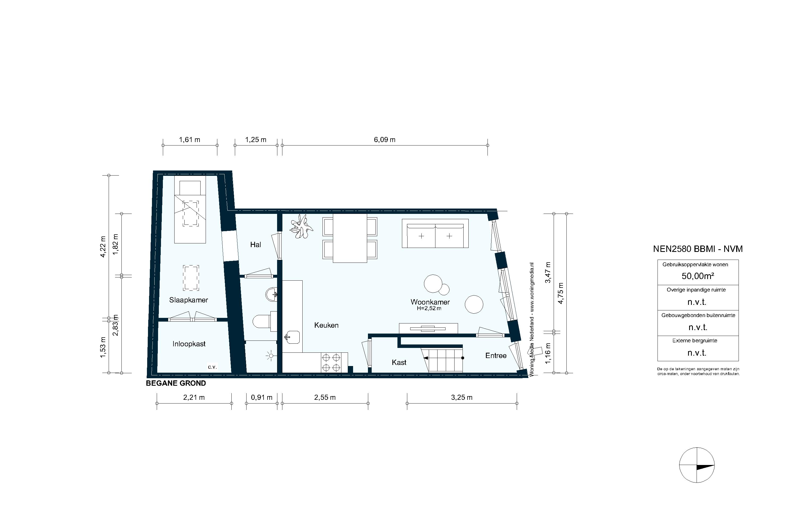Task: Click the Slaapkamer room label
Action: (188, 300)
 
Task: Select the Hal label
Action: (256, 245)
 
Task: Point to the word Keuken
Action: (326, 325)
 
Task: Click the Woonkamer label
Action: (430, 302)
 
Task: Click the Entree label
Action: (496, 356)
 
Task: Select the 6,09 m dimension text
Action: (385, 140)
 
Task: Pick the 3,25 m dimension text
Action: (461, 397)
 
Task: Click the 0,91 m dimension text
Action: (262, 397)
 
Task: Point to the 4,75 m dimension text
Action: (561, 293)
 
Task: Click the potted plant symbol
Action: (301, 226)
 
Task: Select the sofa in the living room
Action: (435, 234)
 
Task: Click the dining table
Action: (350, 238)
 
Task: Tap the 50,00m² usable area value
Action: (698, 276)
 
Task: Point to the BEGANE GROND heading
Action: (176, 383)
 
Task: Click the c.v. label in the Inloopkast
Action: (212, 367)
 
